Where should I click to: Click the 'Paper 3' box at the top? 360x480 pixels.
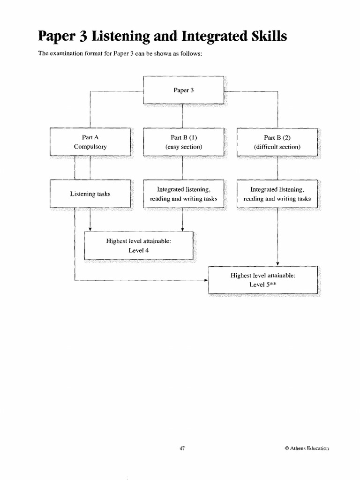tap(183, 90)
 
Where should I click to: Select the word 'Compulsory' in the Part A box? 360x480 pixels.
tap(90, 147)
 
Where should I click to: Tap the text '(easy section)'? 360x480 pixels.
tap(183, 147)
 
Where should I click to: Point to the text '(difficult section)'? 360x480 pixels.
tap(277, 147)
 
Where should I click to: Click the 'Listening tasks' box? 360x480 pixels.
tap(90, 193)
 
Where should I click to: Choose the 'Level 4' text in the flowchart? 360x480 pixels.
tap(138, 250)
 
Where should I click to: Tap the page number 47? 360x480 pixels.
tap(183, 448)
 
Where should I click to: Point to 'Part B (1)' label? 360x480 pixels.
tap(183, 137)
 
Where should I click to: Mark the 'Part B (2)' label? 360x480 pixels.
tap(277, 137)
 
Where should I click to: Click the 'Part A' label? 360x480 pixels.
tap(90, 137)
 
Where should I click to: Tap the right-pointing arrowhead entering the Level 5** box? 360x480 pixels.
tap(205, 280)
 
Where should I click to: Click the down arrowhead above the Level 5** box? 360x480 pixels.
tap(278, 263)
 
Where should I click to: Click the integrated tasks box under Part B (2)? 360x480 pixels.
tap(277, 194)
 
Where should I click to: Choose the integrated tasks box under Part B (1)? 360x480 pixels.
tap(183, 194)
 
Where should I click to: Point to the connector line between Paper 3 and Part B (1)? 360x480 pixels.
tap(182, 115)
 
